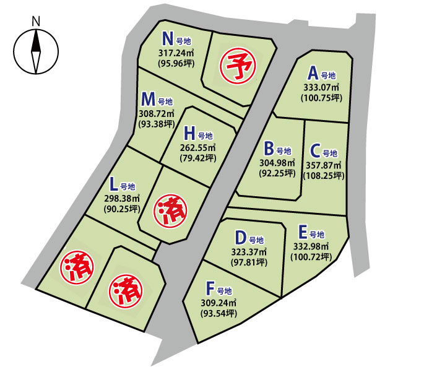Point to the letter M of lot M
point(148,99)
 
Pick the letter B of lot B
point(269,149)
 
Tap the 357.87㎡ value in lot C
point(324,165)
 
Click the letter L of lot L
point(113,184)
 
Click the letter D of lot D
point(241,238)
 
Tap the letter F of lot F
point(210,288)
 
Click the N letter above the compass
point(35,21)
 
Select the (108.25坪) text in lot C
point(324,176)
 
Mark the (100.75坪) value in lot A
point(319,97)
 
